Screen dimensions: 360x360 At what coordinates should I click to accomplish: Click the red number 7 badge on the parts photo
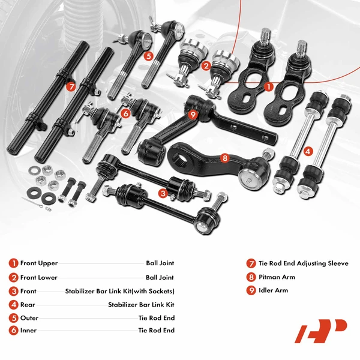coord(71,86)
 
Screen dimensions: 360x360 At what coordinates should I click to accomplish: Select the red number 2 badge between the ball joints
coord(206,66)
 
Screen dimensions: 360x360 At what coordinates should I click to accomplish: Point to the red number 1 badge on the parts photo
coord(268,86)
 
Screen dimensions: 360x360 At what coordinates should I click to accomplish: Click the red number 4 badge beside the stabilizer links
coord(307,151)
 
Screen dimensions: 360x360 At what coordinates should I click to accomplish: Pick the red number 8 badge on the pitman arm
coord(225,158)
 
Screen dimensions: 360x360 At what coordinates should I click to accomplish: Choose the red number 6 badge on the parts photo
coord(125,113)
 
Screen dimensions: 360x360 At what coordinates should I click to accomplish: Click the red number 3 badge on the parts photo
coord(163,193)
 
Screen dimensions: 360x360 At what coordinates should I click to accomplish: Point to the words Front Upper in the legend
coord(39,263)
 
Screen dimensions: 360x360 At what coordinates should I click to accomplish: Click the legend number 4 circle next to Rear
coord(13,304)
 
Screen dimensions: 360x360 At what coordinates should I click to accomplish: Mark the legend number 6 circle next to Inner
coord(13,331)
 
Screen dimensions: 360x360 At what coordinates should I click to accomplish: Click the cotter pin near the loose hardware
coord(29,200)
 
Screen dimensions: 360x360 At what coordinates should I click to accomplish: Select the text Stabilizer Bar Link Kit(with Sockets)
coord(119,291)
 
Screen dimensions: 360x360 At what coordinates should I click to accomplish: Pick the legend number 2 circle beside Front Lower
coord(13,277)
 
